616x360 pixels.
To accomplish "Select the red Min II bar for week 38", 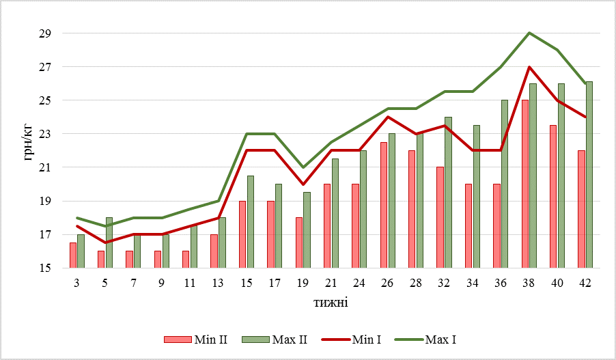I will pyautogui.click(x=524, y=184).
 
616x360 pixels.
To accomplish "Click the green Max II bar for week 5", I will pyautogui.click(x=109, y=243).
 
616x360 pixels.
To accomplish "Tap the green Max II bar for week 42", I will pyautogui.click(x=589, y=175).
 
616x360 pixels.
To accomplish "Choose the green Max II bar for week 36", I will pyautogui.click(x=504, y=184).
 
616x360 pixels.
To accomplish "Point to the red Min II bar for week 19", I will pyautogui.click(x=299, y=243).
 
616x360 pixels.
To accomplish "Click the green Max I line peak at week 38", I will pyautogui.click(x=529, y=33).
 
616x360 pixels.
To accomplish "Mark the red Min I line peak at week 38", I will pyautogui.click(x=529, y=67).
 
